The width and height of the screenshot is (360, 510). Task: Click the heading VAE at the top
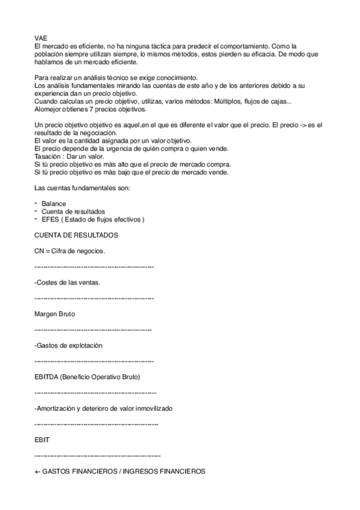[41, 37]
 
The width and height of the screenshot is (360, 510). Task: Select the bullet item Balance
[54, 204]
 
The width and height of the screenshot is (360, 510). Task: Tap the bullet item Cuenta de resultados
[73, 212]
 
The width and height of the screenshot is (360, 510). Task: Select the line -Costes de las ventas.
[68, 282]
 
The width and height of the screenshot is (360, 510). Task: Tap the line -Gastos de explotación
[69, 345]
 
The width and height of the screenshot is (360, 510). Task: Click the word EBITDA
[48, 377]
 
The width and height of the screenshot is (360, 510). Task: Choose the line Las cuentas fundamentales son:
[81, 188]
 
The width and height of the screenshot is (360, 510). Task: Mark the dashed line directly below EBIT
[98, 456]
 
